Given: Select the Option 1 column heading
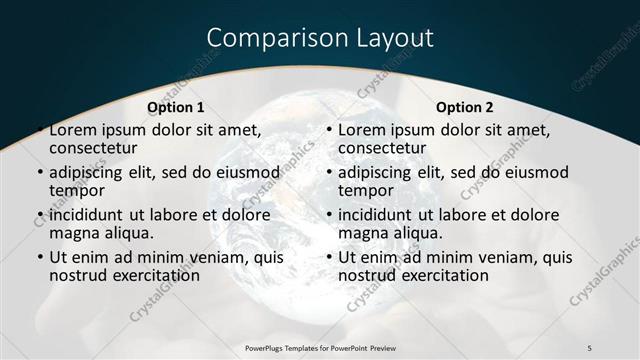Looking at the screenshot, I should click(176, 107).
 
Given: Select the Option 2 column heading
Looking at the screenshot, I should click(465, 107).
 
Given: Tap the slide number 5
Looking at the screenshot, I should click(589, 347).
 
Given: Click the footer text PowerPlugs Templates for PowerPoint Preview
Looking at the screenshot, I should click(319, 347).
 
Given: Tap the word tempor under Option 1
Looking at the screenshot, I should click(75, 190).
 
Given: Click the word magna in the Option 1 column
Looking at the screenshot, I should click(72, 233).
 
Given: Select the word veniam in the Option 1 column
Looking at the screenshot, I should click(212, 257).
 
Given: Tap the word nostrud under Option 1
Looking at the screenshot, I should click(79, 275).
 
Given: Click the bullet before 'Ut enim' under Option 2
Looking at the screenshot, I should click(330, 257).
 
